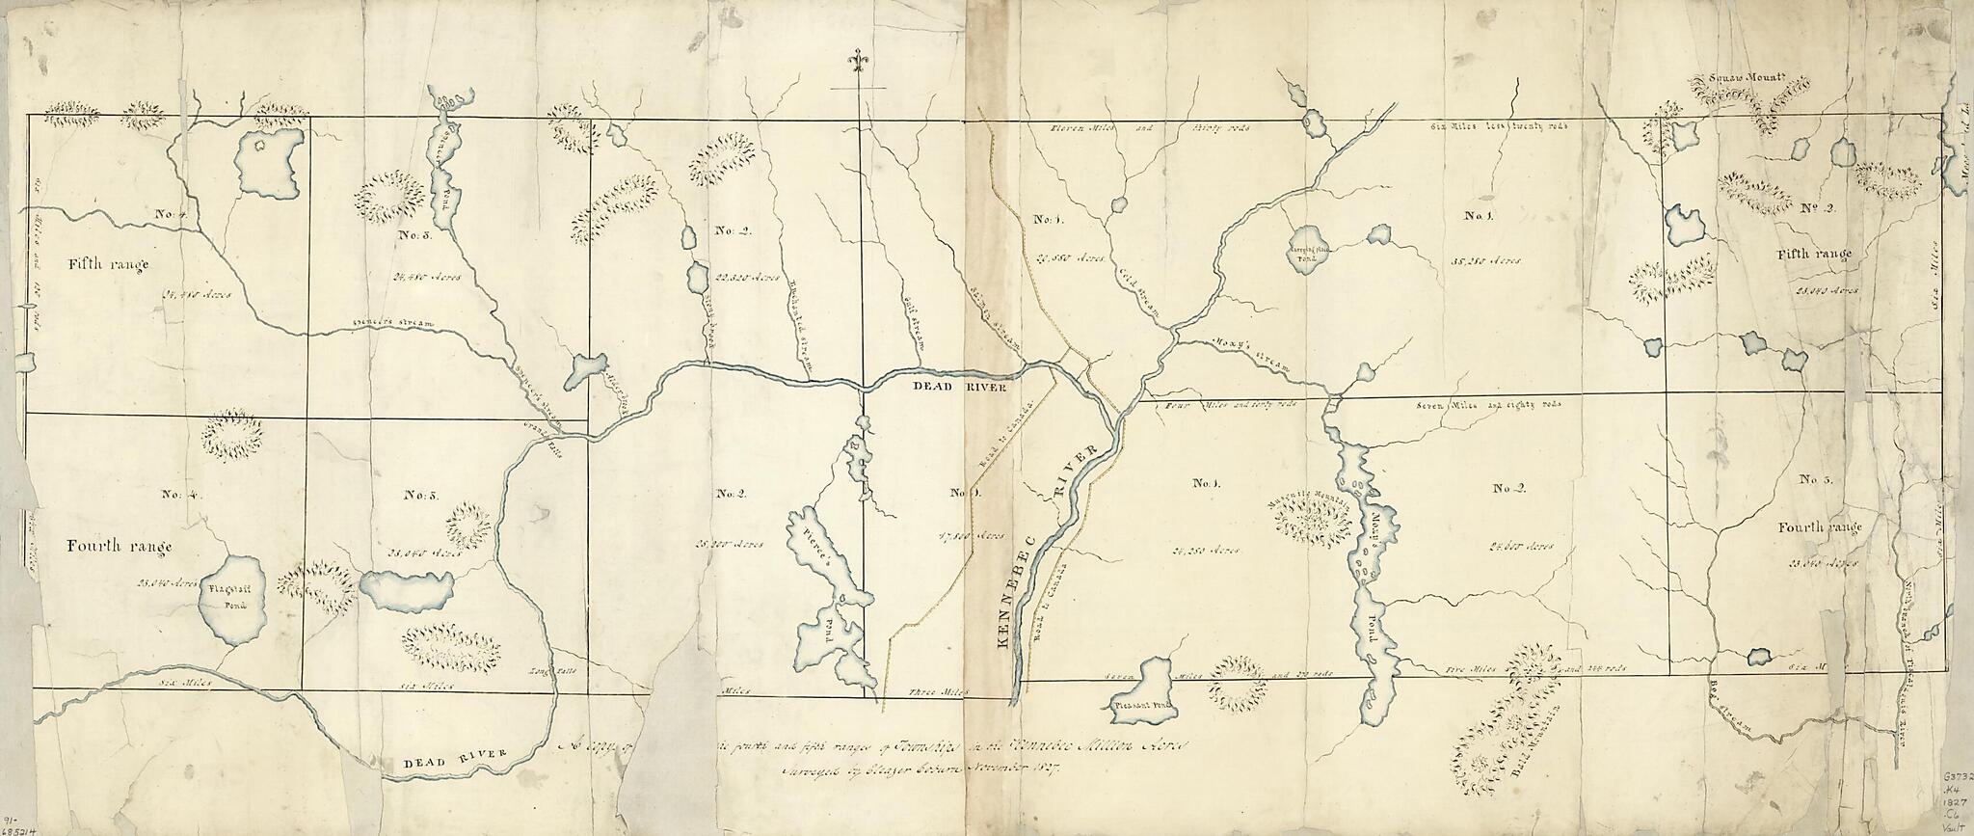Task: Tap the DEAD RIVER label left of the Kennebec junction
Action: pyautogui.click(x=959, y=386)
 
